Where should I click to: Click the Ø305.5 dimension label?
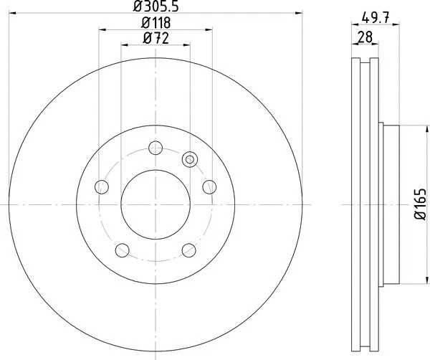[x=156, y=7]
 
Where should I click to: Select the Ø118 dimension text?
[x=156, y=24]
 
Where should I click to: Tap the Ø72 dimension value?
[x=156, y=38]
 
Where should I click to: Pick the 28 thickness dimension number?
[x=365, y=38]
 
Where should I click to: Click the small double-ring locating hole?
[x=190, y=159]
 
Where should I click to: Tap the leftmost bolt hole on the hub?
[x=102, y=187]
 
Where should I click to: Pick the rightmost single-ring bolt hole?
[x=209, y=187]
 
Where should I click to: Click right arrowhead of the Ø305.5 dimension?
[x=297, y=14]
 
